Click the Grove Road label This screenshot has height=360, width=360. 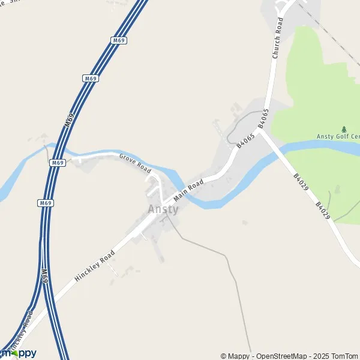135,163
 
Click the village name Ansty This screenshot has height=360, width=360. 163,209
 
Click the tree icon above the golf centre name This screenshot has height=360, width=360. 344,128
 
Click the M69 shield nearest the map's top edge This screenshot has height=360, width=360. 119,40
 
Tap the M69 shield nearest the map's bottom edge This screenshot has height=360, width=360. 44,275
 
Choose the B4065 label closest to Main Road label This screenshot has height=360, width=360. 246,142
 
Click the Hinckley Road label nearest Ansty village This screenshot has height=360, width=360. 95,265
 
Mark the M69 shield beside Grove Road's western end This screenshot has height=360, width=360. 58,163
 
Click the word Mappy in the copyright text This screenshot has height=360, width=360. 236,356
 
